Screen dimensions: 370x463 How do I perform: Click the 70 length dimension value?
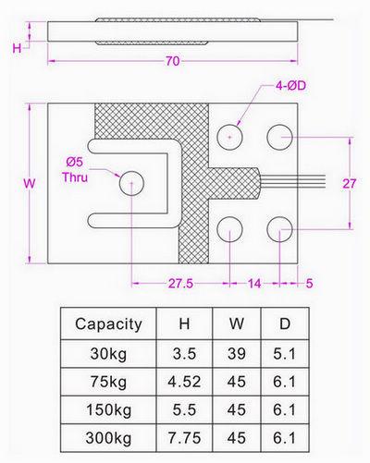point(173,61)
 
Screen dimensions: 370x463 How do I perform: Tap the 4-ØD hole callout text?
point(290,85)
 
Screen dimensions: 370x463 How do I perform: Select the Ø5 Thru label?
point(75,170)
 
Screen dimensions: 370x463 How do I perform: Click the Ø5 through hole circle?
point(131,183)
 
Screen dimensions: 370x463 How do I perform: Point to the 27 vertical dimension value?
point(350,184)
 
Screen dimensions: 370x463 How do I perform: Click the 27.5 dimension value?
point(180,283)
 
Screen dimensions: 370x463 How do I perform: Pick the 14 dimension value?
point(254,283)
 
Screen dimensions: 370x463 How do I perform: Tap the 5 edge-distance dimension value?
point(309,283)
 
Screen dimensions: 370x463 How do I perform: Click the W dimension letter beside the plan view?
point(30,184)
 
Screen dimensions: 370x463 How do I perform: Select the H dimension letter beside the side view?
point(17,48)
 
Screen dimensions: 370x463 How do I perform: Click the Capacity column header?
point(108,324)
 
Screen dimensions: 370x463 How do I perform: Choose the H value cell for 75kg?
point(184,382)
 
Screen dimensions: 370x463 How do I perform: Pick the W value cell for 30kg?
point(237,353)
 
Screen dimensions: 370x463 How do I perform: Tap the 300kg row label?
point(108,438)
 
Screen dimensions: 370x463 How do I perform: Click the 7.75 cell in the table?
point(184,438)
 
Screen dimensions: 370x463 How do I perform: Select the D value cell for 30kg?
point(284,353)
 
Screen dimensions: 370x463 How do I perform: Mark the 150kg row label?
point(108,410)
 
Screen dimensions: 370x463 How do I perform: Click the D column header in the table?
point(285,323)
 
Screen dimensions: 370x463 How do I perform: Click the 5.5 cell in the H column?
point(184,409)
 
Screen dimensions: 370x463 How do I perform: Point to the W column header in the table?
point(237,323)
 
